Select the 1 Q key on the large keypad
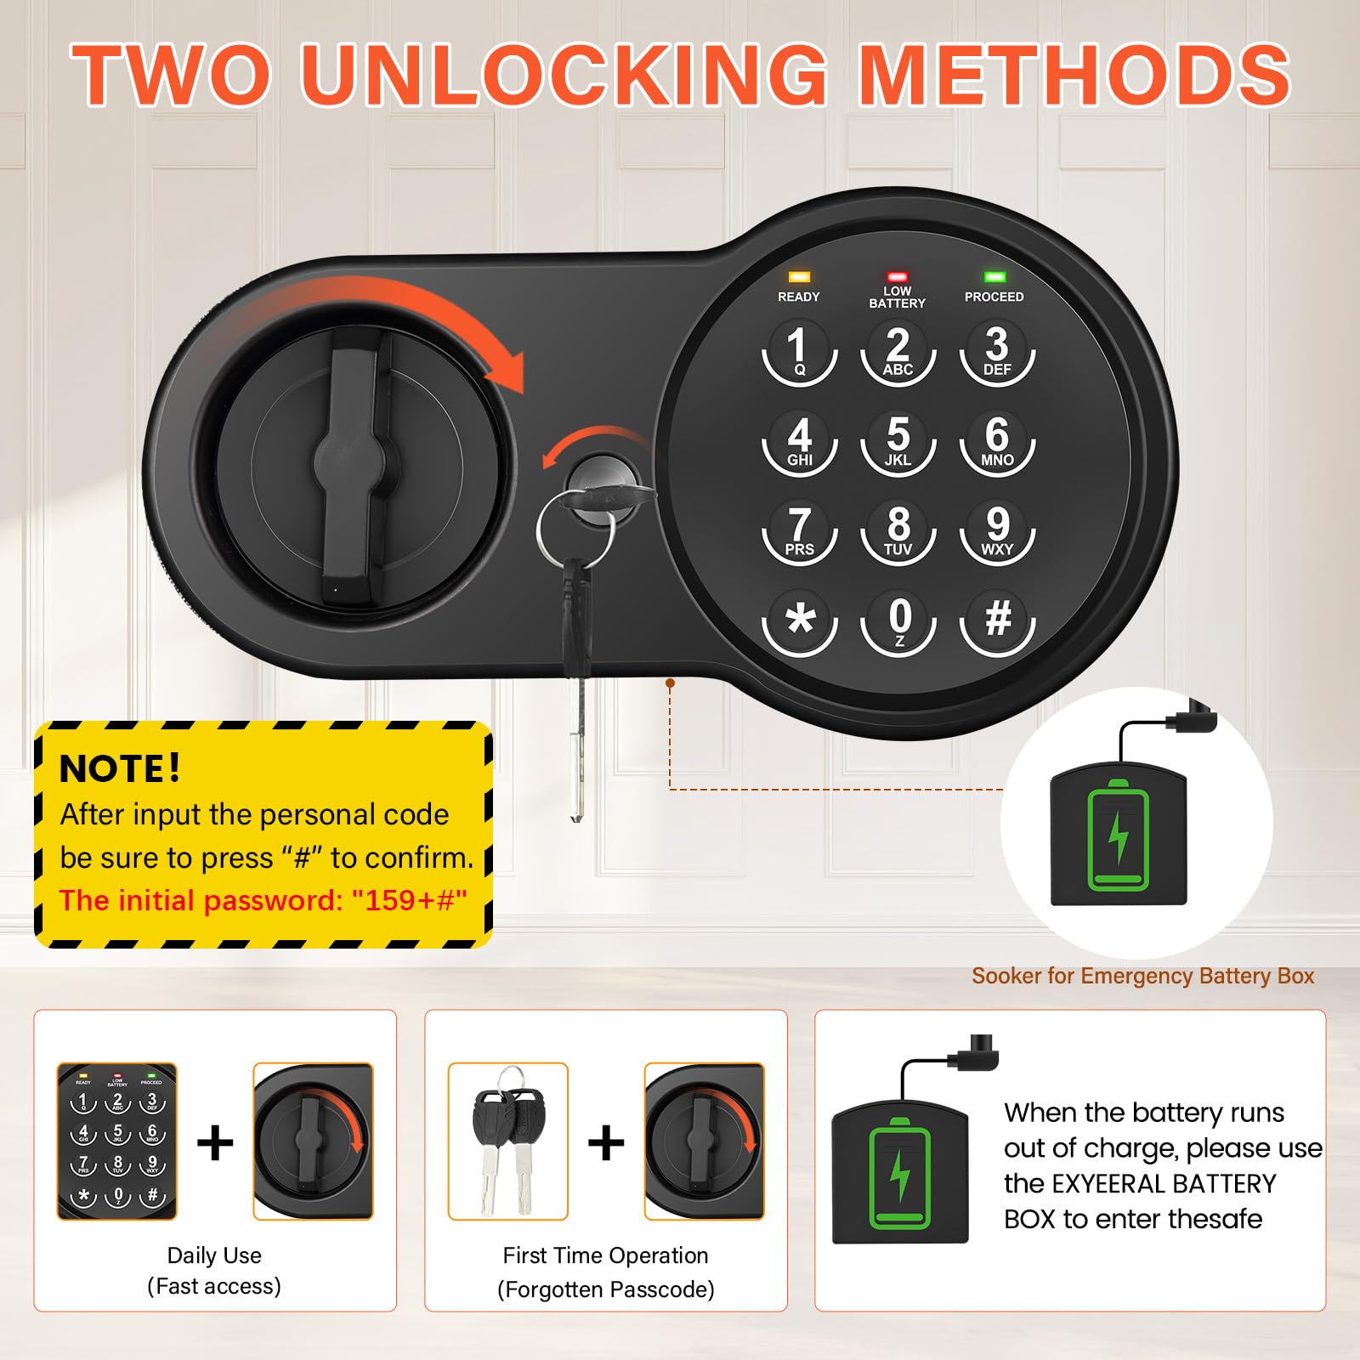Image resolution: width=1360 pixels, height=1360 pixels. tap(799, 350)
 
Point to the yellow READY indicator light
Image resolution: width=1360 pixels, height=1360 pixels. tap(799, 277)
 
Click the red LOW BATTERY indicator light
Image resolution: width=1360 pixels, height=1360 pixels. tap(897, 277)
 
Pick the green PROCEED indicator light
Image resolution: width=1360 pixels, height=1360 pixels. tap(994, 277)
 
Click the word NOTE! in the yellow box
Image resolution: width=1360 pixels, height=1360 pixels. tap(120, 768)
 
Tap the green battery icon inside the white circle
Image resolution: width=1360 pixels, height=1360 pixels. tap(1119, 836)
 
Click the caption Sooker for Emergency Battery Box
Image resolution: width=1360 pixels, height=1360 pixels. tap(1142, 976)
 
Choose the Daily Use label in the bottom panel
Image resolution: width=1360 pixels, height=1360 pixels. tap(214, 1255)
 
